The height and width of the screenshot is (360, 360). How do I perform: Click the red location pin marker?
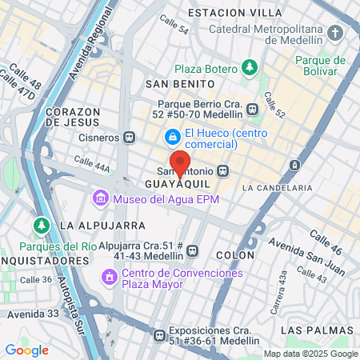click(180, 162)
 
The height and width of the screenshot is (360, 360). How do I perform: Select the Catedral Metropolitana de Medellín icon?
click(335, 33)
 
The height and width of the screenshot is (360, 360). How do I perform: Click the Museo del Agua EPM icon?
click(101, 197)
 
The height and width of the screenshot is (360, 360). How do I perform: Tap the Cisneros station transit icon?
click(130, 137)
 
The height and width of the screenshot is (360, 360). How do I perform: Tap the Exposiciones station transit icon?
click(160, 335)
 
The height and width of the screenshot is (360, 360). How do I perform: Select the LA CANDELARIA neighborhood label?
click(276, 187)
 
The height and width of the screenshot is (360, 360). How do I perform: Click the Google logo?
click(26, 350)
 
